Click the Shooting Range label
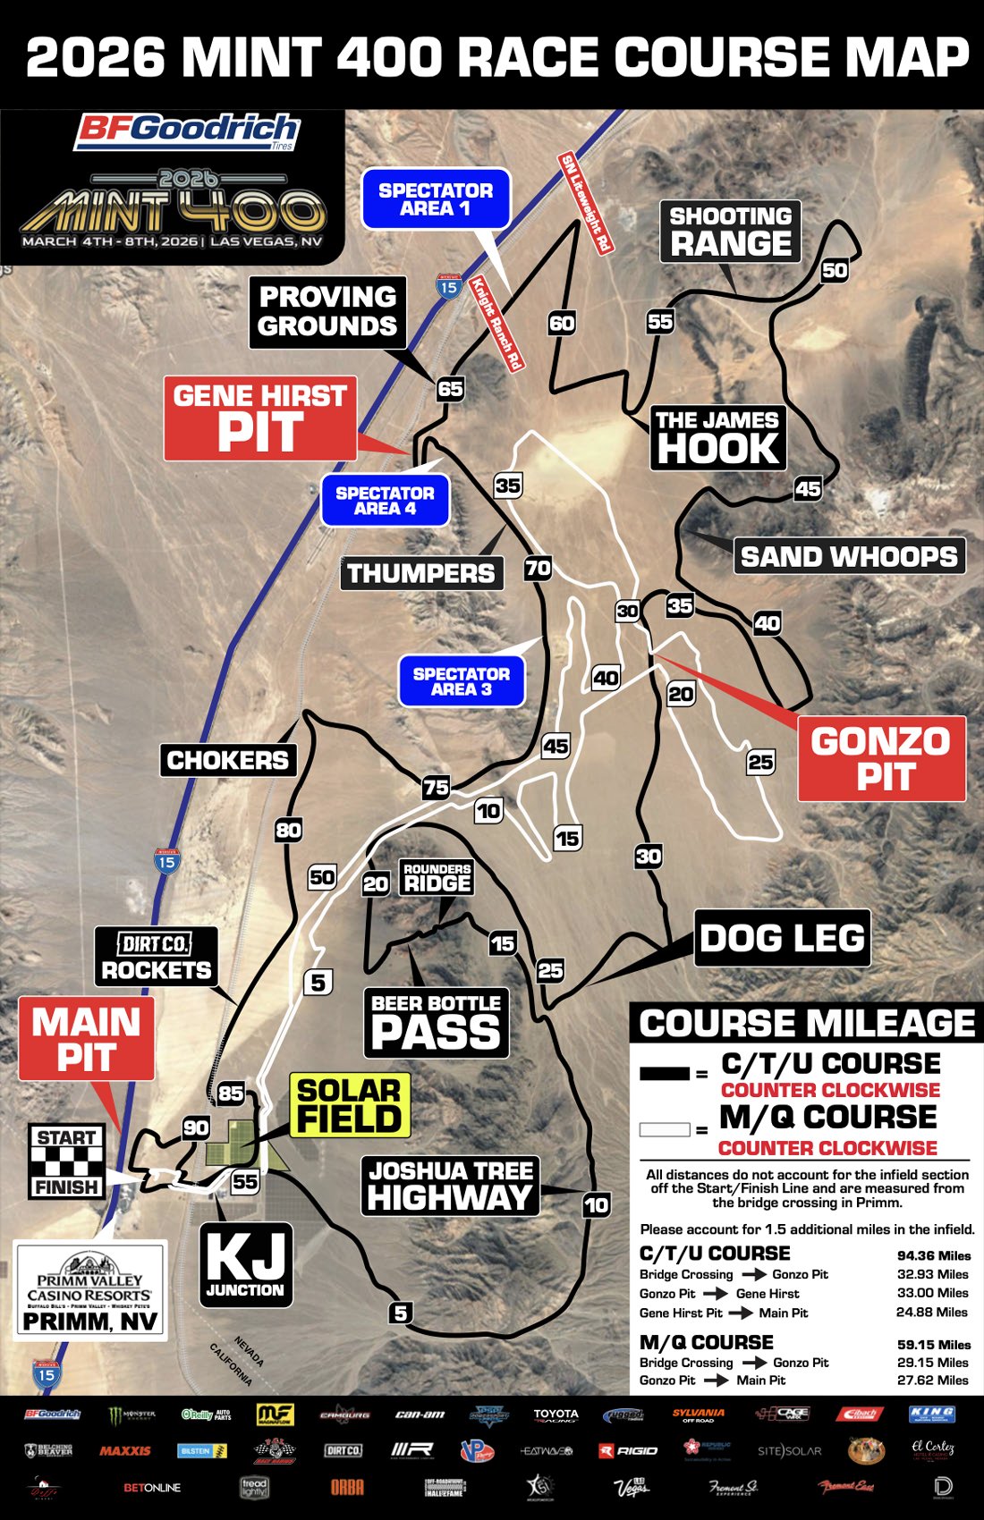730,232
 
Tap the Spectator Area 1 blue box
436,198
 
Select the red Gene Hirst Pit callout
260,418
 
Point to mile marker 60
562,323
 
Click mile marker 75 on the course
436,787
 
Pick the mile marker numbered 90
196,1127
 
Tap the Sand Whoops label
849,556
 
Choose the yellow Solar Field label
350,1105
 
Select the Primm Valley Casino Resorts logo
89,1289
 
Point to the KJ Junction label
245,1264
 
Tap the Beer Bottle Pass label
437,1023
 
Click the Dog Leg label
782,938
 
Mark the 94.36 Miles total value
933,1255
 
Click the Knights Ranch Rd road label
496,324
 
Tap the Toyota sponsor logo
556,1415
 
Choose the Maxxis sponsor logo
125,1450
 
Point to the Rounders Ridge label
437,878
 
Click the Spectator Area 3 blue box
461,681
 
